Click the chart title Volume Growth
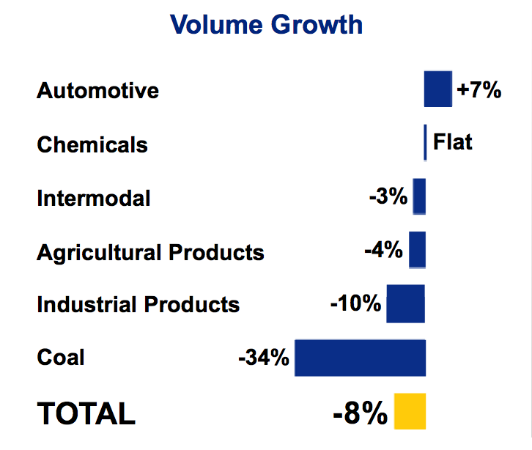[266, 24]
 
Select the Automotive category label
[98, 91]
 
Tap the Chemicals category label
[92, 144]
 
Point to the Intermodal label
[94, 198]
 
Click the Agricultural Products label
[150, 252]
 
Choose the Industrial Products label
[138, 304]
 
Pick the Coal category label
[61, 358]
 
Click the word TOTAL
[86, 413]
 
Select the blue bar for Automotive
[437, 89]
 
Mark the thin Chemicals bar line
[425, 142]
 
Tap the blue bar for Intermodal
[419, 196]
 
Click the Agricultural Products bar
[417, 249]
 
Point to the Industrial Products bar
[405, 303]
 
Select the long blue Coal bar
[360, 358]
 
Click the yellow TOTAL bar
[410, 411]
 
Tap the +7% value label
[479, 90]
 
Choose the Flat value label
[453, 141]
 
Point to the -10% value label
[355, 303]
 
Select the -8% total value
[360, 414]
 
